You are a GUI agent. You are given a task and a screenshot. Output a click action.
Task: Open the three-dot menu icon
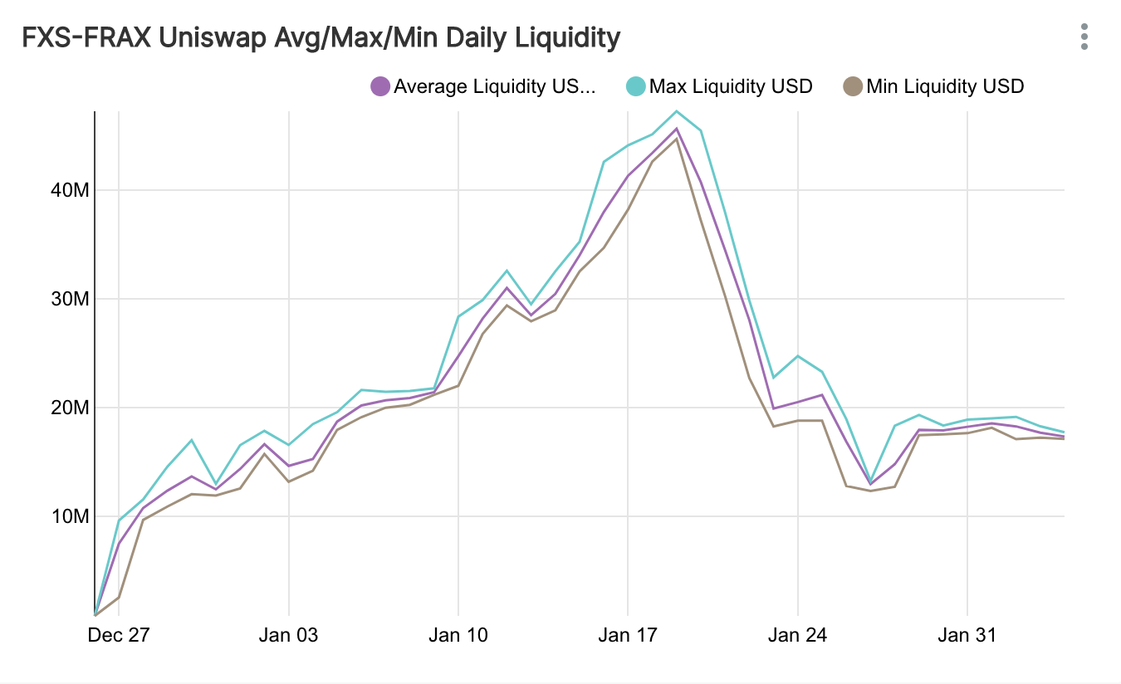click(1084, 37)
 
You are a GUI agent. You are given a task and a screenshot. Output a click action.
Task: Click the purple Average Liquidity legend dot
click(380, 86)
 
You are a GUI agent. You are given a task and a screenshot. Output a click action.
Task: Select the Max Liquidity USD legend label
click(730, 86)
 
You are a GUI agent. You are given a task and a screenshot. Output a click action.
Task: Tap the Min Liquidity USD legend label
click(945, 86)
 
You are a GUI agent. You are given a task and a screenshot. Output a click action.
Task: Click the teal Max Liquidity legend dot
click(636, 86)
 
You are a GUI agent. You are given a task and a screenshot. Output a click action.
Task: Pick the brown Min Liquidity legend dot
click(853, 86)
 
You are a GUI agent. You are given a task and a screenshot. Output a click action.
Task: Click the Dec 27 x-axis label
click(119, 637)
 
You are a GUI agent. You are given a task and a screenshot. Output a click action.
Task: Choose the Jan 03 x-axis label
click(288, 637)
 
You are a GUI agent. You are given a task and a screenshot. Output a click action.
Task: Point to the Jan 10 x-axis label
click(458, 637)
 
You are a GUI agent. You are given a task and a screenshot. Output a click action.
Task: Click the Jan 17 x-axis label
click(628, 637)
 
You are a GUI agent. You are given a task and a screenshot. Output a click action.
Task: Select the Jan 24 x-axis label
click(797, 637)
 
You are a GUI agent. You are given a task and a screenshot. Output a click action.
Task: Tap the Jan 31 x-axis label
click(967, 637)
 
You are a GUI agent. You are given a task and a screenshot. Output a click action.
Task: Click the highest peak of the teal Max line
click(677, 111)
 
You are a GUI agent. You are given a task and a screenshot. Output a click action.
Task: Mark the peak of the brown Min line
click(677, 139)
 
